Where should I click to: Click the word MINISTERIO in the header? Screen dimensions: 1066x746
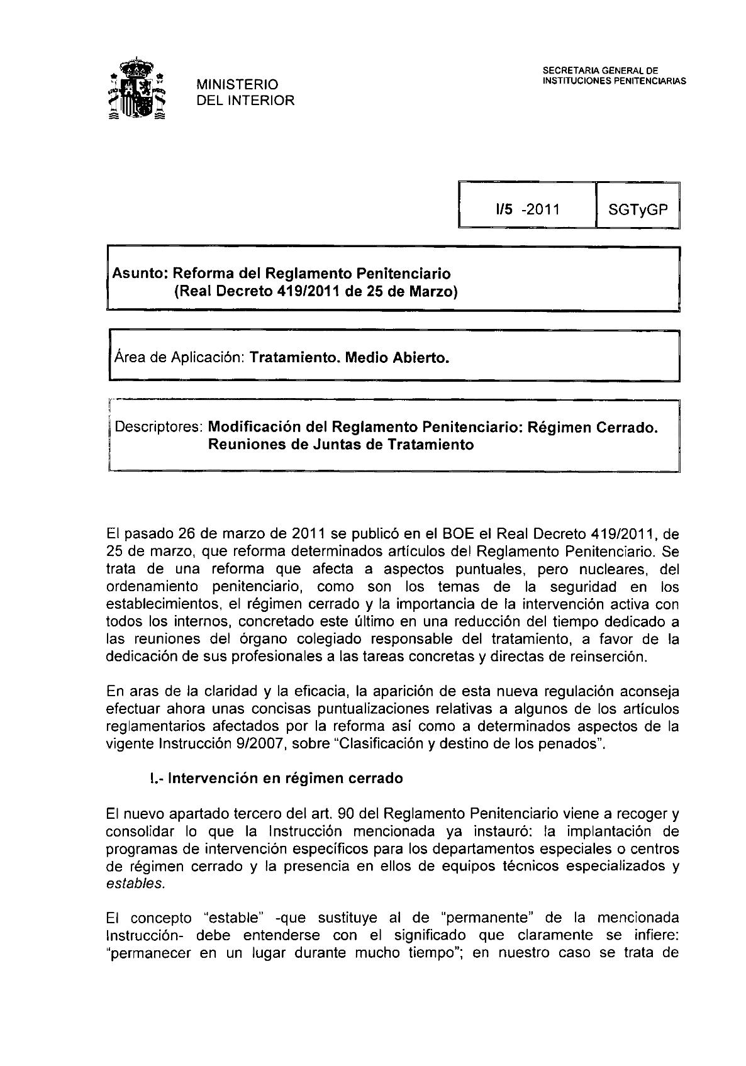237,84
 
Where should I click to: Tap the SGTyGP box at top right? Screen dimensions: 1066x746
637,209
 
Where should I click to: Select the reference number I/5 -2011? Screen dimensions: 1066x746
527,209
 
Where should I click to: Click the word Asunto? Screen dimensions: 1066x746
138,274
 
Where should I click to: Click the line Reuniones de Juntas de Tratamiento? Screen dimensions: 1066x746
340,445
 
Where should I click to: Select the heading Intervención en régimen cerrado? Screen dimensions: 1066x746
286,778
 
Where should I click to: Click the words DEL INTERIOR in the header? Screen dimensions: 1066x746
245,101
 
